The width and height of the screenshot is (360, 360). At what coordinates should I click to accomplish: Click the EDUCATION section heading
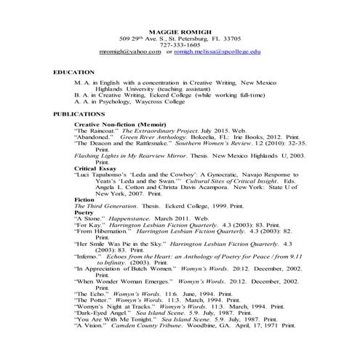point(74,73)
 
